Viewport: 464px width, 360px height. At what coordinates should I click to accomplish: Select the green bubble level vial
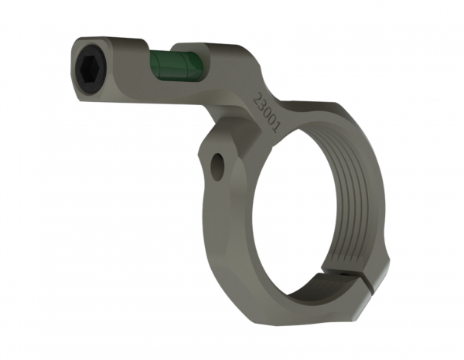click(x=176, y=66)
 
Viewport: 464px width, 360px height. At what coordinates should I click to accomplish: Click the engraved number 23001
click(x=267, y=112)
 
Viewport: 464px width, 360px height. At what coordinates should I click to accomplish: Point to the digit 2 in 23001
click(x=259, y=98)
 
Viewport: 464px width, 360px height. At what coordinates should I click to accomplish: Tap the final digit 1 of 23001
click(x=274, y=127)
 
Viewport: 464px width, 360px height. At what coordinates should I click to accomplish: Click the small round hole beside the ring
click(x=218, y=167)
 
